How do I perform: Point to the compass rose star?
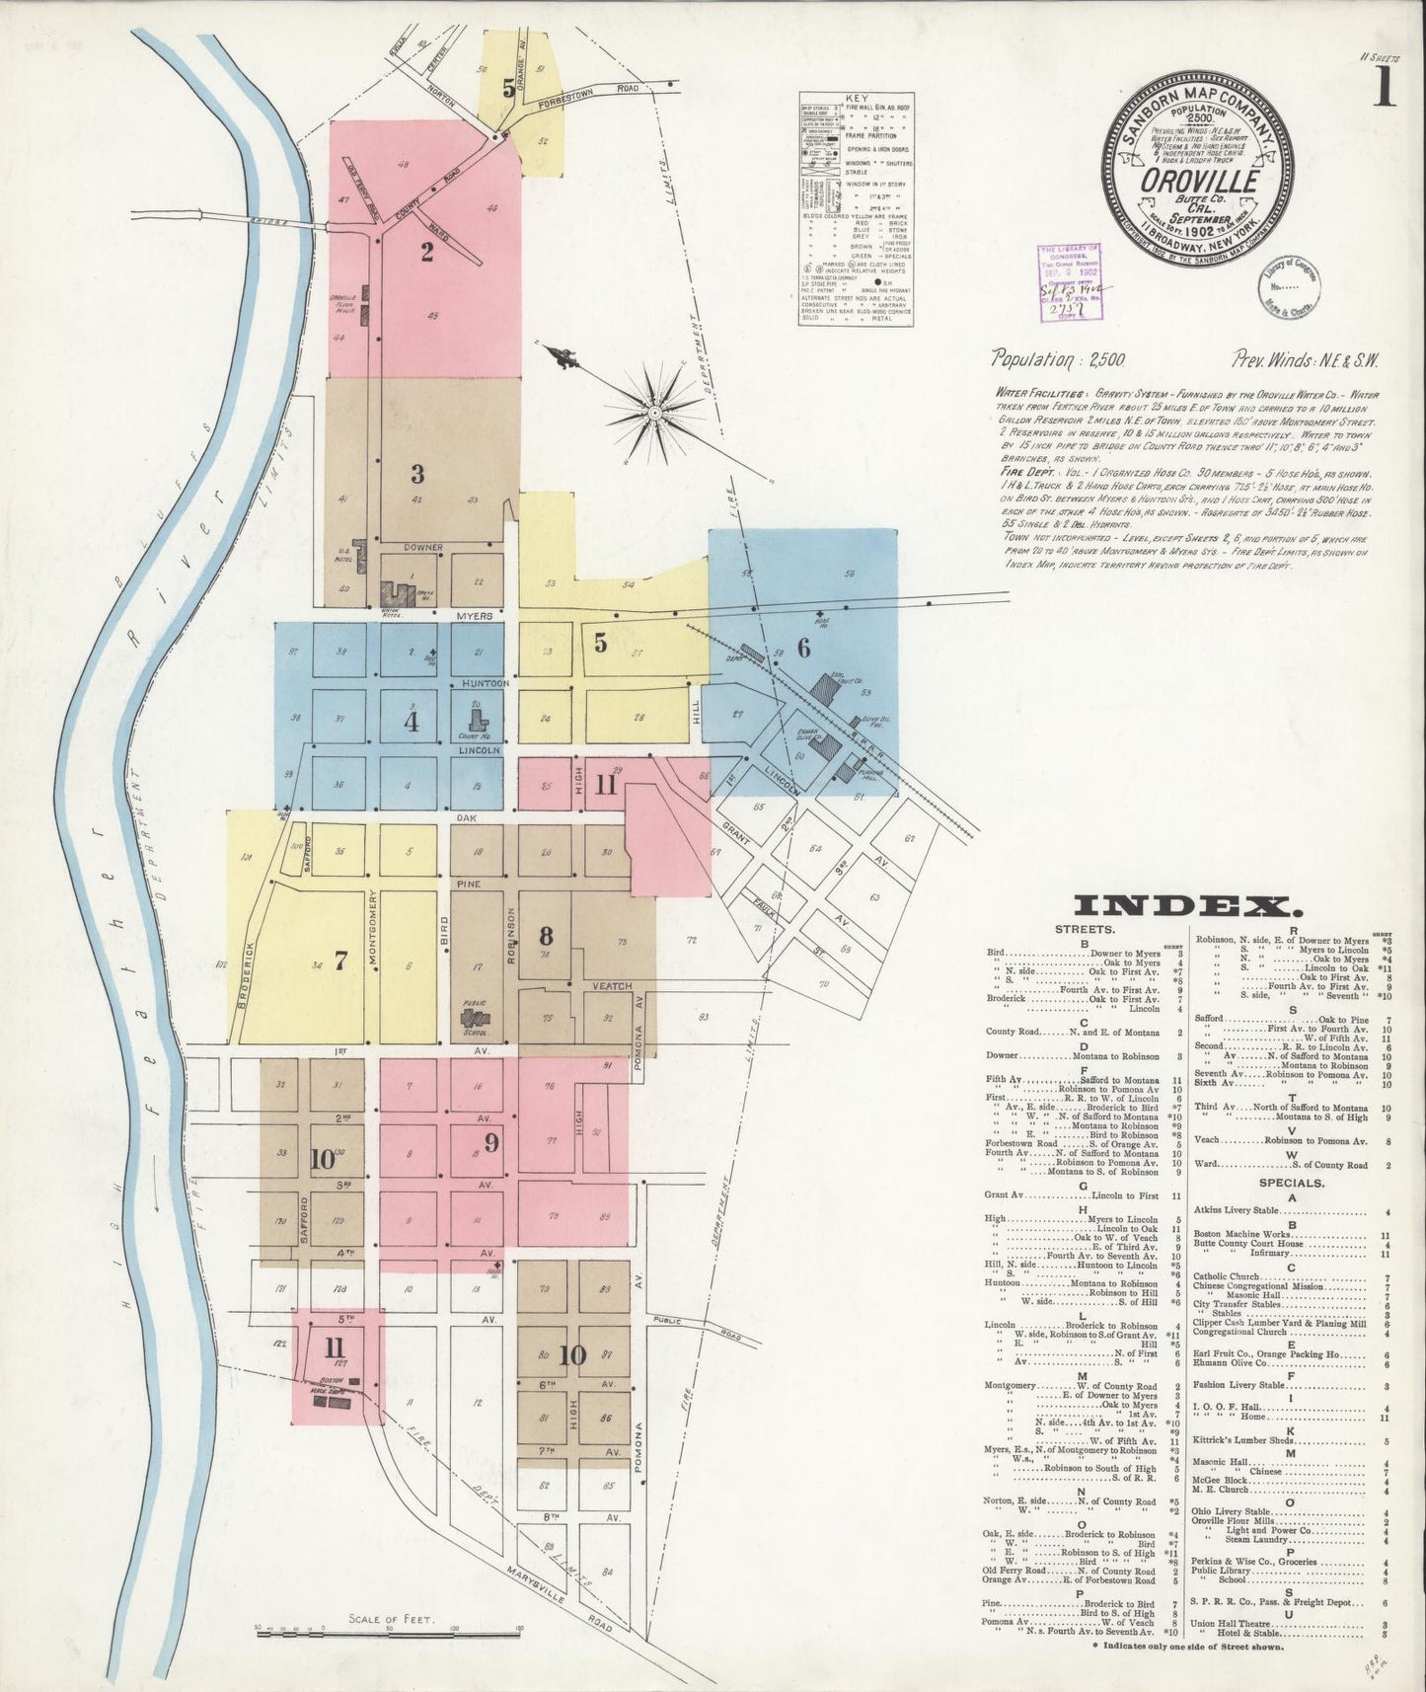pos(654,405)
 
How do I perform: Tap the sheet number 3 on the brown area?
pos(417,473)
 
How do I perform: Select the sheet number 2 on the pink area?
pos(426,251)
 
